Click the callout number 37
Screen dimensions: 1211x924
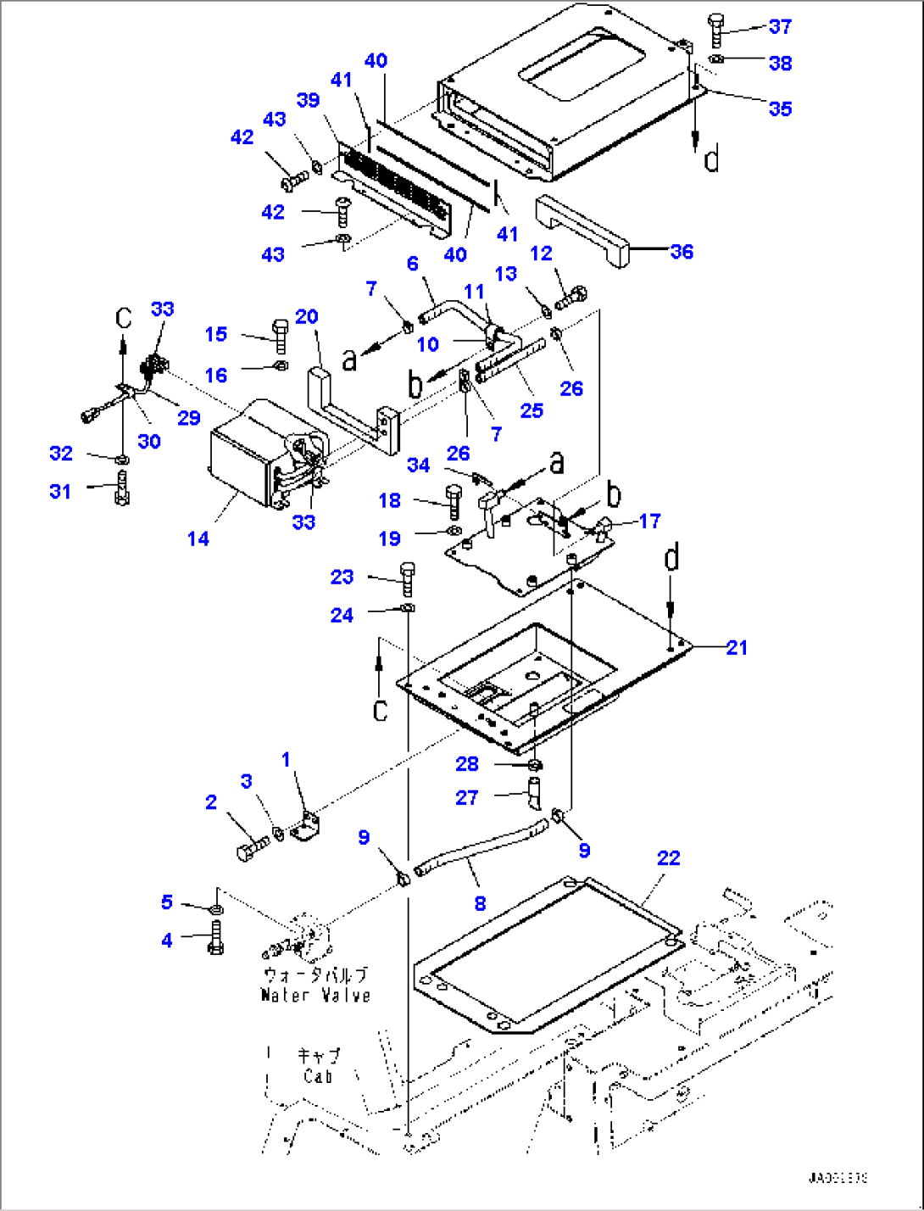[780, 26]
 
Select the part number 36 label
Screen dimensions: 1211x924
[682, 251]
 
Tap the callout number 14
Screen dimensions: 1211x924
[198, 539]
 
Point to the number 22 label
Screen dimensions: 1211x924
[669, 858]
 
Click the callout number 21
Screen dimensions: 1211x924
[738, 647]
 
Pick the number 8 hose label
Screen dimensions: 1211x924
[480, 903]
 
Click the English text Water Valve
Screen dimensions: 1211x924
[315, 995]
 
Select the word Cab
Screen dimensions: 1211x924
[318, 1076]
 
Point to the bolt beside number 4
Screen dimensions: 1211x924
[214, 939]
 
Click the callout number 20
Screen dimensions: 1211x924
[307, 317]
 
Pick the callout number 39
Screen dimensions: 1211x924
[308, 100]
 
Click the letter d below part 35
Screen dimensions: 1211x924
[712, 159]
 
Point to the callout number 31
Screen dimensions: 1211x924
[60, 491]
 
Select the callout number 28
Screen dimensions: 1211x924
[467, 764]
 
